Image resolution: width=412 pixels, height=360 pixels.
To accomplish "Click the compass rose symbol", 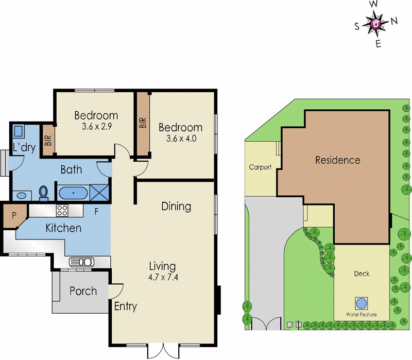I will tap(377, 23).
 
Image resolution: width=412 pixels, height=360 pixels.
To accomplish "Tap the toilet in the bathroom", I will tap(44, 193).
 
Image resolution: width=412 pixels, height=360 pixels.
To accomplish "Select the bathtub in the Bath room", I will tap(73, 193).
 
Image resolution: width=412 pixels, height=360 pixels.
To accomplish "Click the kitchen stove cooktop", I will tap(62, 210).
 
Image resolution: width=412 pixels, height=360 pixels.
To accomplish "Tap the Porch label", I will tap(83, 291).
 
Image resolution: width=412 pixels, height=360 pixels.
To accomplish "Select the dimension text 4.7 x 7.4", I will tap(162, 278).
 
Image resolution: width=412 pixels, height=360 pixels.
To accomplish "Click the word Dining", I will tap(176, 207).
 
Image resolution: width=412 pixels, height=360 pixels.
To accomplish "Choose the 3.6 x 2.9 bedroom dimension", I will tap(96, 126).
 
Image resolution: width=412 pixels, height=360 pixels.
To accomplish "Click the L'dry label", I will tap(24, 148).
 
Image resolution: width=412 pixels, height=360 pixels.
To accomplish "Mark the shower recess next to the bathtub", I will tap(100, 193).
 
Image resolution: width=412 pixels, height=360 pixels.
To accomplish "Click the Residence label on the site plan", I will tap(337, 160).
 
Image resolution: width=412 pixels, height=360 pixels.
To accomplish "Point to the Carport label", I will tap(260, 167).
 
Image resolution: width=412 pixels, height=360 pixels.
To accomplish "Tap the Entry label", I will tap(125, 307).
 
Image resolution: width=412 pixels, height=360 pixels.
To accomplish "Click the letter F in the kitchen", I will tap(96, 211).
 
